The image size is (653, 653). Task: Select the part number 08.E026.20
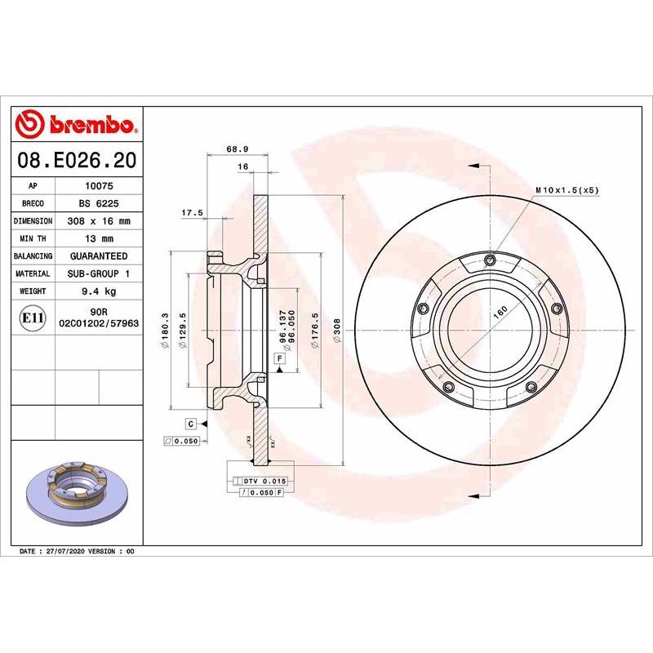(x=76, y=159)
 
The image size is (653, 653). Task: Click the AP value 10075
(x=99, y=185)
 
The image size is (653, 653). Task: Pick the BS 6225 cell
(x=99, y=203)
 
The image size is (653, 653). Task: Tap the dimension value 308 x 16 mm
(x=99, y=221)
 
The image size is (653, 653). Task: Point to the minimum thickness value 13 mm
(x=99, y=238)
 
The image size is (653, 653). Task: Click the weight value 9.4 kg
(x=99, y=291)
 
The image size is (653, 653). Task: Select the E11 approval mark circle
(x=32, y=318)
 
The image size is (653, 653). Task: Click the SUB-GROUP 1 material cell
(x=99, y=273)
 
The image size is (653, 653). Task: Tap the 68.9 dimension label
(x=237, y=149)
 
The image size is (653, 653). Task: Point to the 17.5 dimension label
(x=192, y=212)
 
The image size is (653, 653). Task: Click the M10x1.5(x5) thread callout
(x=566, y=189)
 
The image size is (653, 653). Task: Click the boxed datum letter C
(x=190, y=424)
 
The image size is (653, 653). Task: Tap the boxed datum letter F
(x=280, y=358)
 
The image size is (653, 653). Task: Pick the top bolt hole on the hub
(x=489, y=260)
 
